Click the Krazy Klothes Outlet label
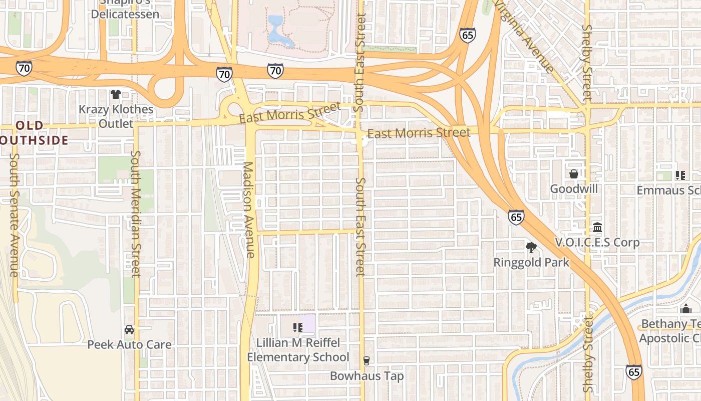116,116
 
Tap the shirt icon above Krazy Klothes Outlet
116,94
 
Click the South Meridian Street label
136,213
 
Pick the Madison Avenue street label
249,210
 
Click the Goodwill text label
574,189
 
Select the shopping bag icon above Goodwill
574,174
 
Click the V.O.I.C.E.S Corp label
597,243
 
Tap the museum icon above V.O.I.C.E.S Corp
597,228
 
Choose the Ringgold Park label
531,262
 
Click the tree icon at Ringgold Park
531,247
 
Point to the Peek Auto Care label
129,345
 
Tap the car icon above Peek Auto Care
129,330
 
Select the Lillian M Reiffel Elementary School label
298,350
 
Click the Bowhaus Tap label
367,376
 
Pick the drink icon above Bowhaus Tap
367,361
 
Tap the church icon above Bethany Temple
686,309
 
